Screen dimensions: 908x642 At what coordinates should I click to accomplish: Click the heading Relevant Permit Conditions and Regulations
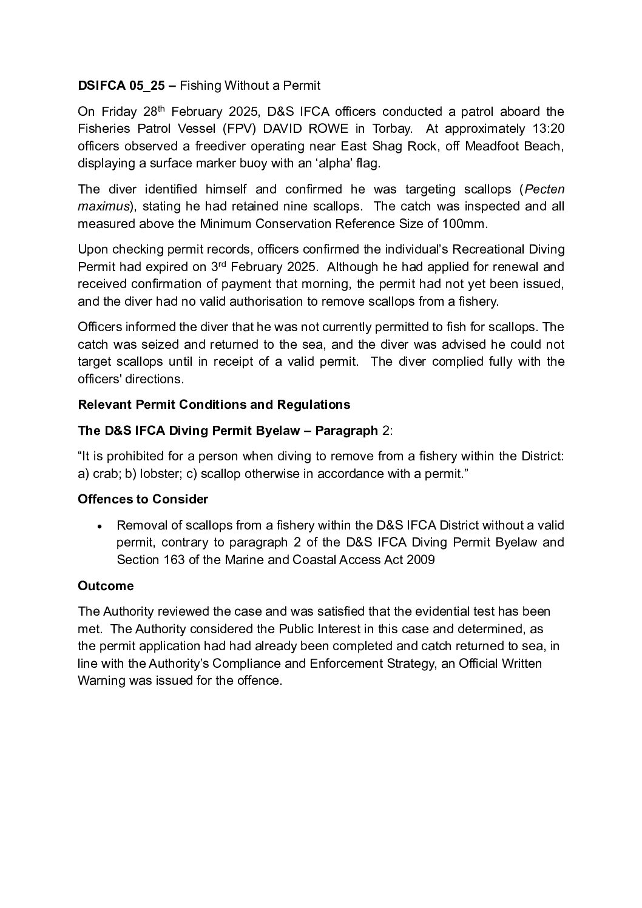point(214,405)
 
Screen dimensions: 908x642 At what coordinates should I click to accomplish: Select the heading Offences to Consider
point(143,499)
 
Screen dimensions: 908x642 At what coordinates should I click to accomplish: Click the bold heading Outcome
point(106,586)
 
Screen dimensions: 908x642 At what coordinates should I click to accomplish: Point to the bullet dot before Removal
point(101,526)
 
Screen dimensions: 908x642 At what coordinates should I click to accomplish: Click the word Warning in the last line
point(101,681)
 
